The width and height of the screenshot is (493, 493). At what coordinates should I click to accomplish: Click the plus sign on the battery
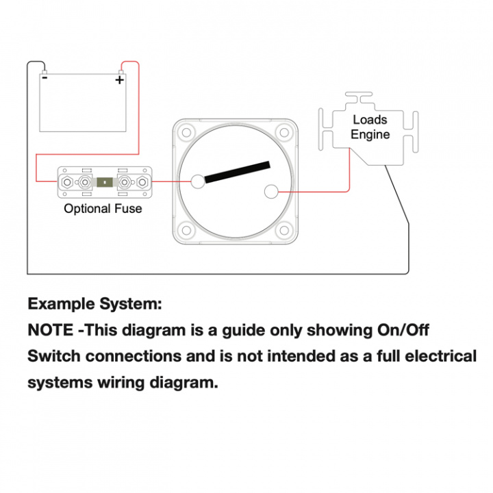(x=120, y=80)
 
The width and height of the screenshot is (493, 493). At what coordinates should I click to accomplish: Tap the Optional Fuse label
(x=103, y=208)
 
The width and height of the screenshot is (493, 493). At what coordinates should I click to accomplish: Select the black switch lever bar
(x=237, y=172)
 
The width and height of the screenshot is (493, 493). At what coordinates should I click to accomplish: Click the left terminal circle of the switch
(x=198, y=181)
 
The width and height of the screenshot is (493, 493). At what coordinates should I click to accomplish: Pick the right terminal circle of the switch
(x=270, y=192)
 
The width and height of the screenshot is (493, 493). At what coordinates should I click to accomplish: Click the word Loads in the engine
(x=370, y=120)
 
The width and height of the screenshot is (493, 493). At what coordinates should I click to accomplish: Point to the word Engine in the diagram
(x=370, y=134)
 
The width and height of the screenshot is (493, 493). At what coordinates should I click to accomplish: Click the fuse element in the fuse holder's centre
(x=105, y=182)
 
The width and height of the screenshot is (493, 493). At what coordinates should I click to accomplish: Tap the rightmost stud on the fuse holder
(x=142, y=182)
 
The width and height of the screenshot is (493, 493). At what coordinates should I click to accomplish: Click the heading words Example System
(x=94, y=303)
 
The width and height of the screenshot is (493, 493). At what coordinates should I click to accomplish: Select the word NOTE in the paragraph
(x=50, y=329)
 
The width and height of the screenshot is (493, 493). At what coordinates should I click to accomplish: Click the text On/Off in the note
(x=403, y=329)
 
